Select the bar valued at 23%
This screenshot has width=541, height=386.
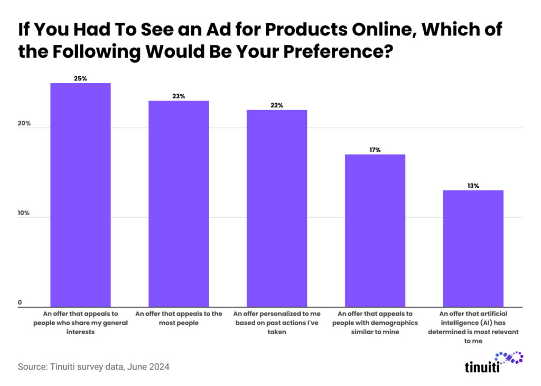(x=179, y=204)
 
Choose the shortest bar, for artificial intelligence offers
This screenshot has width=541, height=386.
(x=473, y=248)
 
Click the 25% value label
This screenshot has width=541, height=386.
(x=80, y=78)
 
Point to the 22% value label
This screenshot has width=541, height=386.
(x=277, y=105)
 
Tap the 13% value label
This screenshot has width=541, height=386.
(x=473, y=186)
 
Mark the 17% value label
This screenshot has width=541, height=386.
(x=375, y=150)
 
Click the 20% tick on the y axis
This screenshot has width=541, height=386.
(x=25, y=124)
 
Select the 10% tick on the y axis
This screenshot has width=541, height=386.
(x=25, y=213)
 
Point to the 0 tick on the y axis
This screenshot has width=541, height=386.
(x=20, y=303)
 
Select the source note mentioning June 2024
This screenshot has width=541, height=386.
(x=94, y=366)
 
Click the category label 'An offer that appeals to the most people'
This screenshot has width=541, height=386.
(x=179, y=318)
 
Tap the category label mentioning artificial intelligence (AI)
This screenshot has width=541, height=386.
(x=473, y=327)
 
